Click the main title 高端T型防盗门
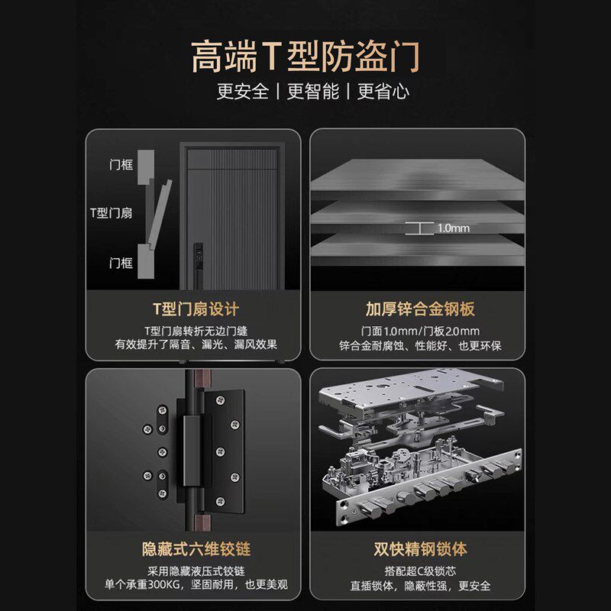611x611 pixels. tap(305, 57)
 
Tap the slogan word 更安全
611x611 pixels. tap(243, 92)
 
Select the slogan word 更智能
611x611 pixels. tap(313, 92)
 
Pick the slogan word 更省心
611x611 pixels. tap(383, 92)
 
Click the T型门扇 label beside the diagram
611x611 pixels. tap(111, 213)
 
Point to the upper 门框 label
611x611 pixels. tap(121, 164)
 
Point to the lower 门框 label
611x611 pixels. tap(121, 263)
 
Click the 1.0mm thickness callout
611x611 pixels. tap(454, 228)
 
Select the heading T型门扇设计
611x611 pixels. tap(196, 309)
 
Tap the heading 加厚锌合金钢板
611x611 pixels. tap(419, 309)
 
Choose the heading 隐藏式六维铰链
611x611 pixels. tap(196, 549)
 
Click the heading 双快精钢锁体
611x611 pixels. tap(419, 549)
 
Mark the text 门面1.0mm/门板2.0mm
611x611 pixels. tap(419, 331)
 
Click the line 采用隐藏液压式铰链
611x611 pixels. tap(196, 571)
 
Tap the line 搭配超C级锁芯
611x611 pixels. tap(419, 571)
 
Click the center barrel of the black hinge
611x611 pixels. tap(194, 451)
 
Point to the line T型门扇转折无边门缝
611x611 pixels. tap(196, 331)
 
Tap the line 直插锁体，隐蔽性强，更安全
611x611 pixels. tap(419, 587)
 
